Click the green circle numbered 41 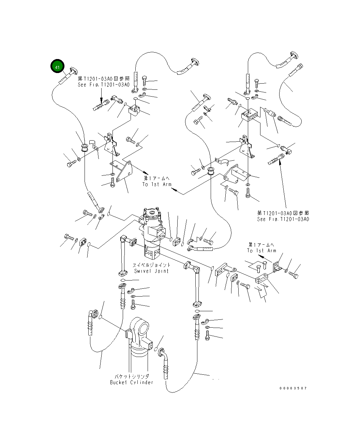tap(57, 66)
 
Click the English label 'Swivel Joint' tap(151, 271)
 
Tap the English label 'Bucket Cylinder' tap(132, 382)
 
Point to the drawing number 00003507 tap(293, 388)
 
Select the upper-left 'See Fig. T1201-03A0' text tap(104, 85)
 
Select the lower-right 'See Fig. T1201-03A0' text tap(283, 219)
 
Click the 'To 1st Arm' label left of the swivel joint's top tap(157, 184)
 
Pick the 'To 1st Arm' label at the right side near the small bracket tap(261, 250)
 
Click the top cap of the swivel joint tap(152, 213)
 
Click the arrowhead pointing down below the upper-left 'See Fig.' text tap(101, 100)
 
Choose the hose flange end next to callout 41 tap(73, 71)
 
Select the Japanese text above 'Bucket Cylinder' tap(132, 376)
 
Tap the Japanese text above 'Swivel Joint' tap(151, 265)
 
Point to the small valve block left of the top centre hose tap(134, 110)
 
